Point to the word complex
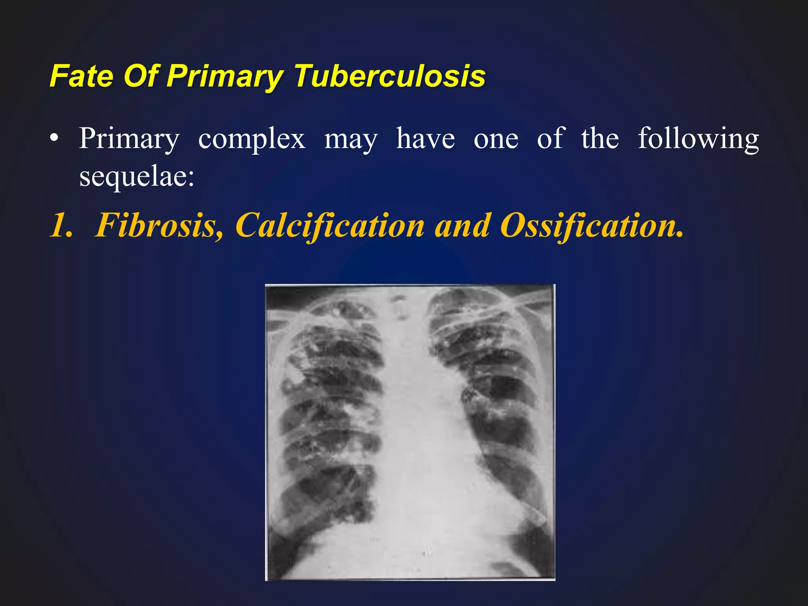pyautogui.click(x=252, y=139)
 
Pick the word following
pyautogui.click(x=698, y=139)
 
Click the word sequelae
pyautogui.click(x=137, y=176)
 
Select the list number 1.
pyautogui.click(x=61, y=225)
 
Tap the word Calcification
pyautogui.click(x=330, y=225)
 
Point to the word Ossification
pyautogui.click(x=592, y=225)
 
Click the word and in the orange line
pyautogui.click(x=462, y=225)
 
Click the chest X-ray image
pyautogui.click(x=410, y=432)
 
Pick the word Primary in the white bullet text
pyautogui.click(x=129, y=139)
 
